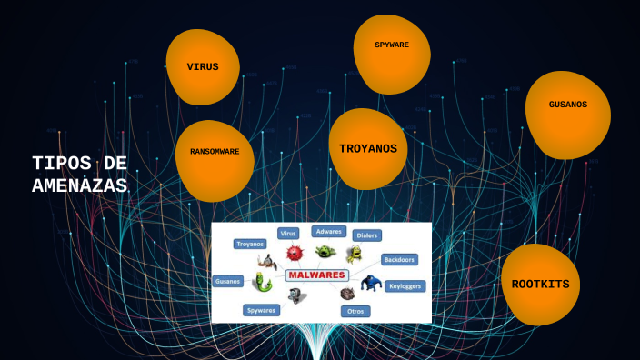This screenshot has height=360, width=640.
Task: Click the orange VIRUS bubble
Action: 203,66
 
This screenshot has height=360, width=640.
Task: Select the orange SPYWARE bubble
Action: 391,47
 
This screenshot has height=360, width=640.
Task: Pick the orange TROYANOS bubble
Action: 368,148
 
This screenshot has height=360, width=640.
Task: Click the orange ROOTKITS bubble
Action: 540,284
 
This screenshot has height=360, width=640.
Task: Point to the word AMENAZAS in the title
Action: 79,184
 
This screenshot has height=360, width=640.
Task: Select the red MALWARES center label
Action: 316,275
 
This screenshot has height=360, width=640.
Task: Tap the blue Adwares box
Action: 328,232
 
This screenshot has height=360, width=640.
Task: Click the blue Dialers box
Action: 365,235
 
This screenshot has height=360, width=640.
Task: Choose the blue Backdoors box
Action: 399,259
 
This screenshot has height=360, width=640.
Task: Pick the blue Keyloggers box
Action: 405,285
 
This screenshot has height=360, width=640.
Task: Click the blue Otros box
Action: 355,311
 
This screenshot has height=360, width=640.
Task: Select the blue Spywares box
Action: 262,310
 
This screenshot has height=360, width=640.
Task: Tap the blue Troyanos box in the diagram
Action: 250,244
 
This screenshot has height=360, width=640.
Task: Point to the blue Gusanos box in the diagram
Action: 228,281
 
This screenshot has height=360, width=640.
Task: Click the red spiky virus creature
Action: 294,253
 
